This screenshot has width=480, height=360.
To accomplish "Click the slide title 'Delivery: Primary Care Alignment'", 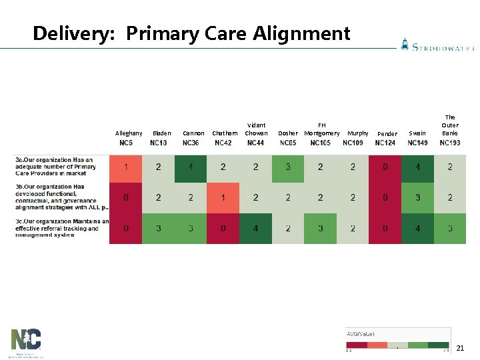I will pos(191,33).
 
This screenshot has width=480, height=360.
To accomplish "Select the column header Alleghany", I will pos(129,133).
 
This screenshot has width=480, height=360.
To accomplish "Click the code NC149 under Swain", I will pos(417,143).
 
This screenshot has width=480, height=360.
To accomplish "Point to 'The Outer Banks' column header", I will pos(450,125).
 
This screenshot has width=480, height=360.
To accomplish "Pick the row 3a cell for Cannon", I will pos(191,167).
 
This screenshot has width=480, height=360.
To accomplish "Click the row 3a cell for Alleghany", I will pos(126,167).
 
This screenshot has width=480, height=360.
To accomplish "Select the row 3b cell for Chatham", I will pos(223,198).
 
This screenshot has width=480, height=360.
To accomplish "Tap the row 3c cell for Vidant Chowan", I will pos(255,229).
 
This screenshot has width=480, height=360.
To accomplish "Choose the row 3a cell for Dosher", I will pos(288,167).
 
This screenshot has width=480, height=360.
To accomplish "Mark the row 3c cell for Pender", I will pos(385,229).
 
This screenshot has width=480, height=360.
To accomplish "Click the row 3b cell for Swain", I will pos(417,198).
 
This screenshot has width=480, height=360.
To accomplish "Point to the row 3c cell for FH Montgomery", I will pos(321,229).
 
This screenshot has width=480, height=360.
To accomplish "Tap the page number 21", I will pos(460,347).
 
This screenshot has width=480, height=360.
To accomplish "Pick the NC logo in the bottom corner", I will pos(26,342).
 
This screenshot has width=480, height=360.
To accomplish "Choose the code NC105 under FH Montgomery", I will pos(321,143).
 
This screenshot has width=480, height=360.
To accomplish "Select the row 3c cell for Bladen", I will pos(158,229).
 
